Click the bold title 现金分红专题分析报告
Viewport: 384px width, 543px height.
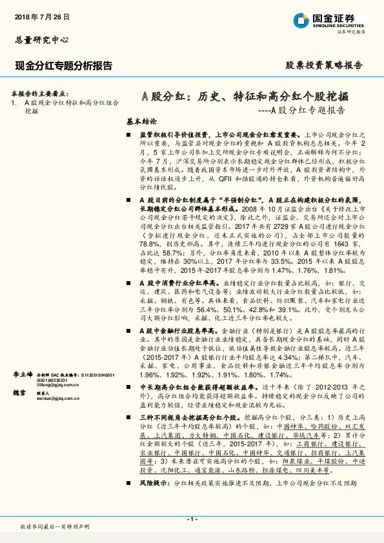63,66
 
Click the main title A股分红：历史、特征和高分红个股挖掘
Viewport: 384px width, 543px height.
245,97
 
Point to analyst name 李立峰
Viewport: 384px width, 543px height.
23,374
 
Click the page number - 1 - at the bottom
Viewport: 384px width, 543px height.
192,519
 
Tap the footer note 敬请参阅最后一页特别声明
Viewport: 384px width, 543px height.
55,527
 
